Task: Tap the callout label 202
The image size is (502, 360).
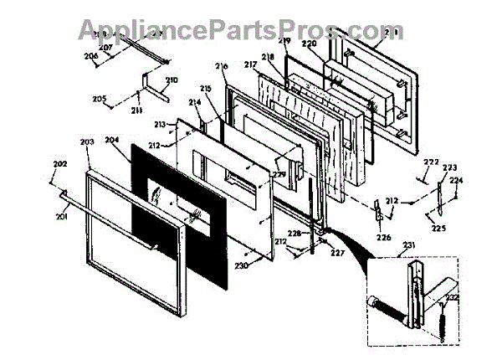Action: click(60, 163)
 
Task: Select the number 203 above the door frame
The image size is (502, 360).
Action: click(87, 143)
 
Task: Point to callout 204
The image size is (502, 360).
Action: click(113, 142)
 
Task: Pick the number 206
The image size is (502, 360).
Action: click(91, 56)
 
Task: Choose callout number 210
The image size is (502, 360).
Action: click(172, 80)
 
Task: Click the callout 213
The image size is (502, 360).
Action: click(159, 124)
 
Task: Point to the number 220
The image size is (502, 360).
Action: click(309, 42)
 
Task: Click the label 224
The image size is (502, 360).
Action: click(455, 180)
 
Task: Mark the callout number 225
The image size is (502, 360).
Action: click(438, 227)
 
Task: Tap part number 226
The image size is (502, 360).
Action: click(383, 237)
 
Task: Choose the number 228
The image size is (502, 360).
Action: click(318, 234)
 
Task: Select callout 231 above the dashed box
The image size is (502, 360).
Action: click(409, 244)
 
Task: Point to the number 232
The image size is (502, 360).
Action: click(452, 298)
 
